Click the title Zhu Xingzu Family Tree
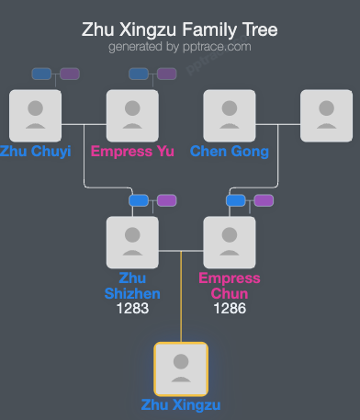click(x=180, y=29)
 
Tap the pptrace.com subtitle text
click(x=180, y=46)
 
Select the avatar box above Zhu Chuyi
click(x=35, y=115)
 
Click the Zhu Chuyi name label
click(x=35, y=152)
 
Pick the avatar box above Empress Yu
click(x=132, y=115)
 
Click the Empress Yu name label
click(x=132, y=152)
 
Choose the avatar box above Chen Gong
click(x=230, y=115)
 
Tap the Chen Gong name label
click(x=230, y=152)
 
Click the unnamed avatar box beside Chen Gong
click(x=327, y=115)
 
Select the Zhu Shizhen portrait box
click(x=132, y=242)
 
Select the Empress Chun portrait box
click(x=230, y=242)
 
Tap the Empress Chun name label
click(x=230, y=286)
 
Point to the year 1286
click(x=230, y=309)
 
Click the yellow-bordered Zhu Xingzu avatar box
click(x=181, y=369)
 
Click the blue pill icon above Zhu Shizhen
click(x=139, y=200)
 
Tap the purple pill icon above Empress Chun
click(x=264, y=200)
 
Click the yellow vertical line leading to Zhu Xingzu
click(x=181, y=303)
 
